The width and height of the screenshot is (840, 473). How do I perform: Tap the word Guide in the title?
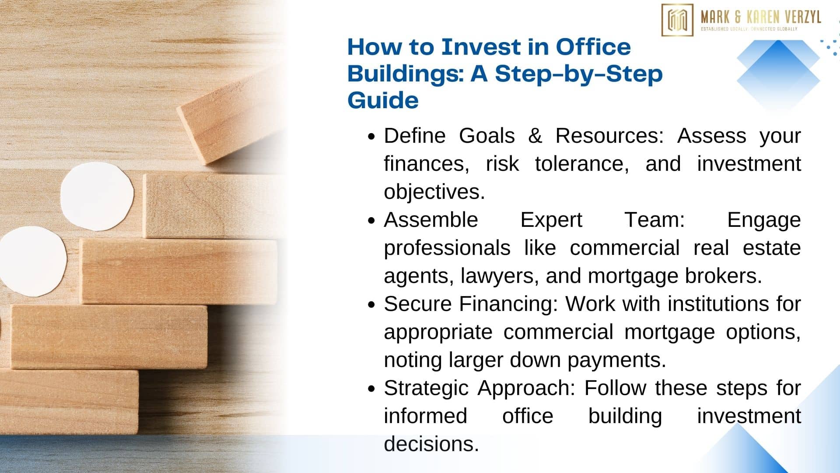click(x=383, y=100)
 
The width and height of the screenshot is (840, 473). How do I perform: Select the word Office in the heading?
click(x=593, y=47)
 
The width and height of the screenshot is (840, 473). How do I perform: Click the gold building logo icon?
click(x=677, y=20)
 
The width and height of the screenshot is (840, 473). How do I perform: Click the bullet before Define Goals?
click(x=371, y=137)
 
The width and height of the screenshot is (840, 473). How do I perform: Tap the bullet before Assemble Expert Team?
click(x=371, y=221)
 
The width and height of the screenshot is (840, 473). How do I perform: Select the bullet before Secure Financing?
click(x=371, y=305)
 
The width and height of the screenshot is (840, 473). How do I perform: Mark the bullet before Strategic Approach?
click(x=371, y=389)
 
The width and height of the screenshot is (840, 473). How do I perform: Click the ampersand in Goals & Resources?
click(x=535, y=136)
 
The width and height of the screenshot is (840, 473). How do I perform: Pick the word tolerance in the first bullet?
click(x=582, y=164)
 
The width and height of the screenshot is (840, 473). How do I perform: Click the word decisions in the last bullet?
click(x=431, y=444)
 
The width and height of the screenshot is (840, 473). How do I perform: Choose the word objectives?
click(x=434, y=192)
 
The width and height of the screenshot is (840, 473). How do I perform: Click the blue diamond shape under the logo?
click(x=778, y=74)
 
